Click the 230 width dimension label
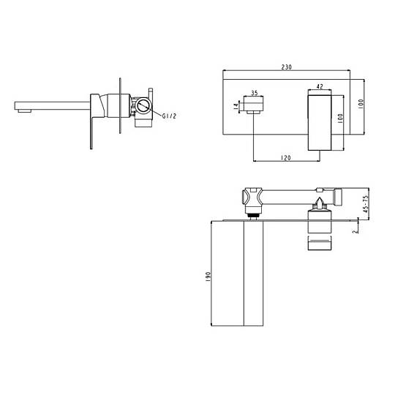coord(287,67)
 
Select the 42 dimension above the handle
coord(320,86)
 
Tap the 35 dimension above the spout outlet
coord(255,93)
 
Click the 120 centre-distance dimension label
coord(286,158)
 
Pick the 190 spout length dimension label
coord(208,276)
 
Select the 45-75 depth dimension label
coord(366,203)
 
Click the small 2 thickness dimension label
coord(355,231)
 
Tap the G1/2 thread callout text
coord(169,116)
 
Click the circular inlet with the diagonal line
coord(143,106)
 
